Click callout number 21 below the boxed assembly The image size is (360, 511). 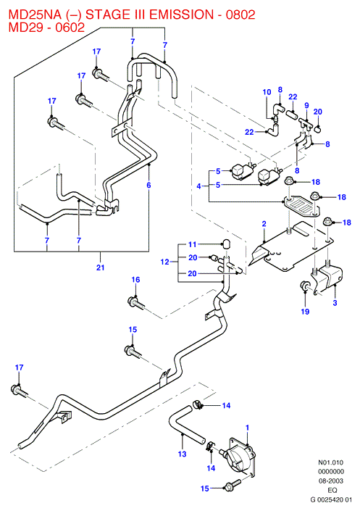[x=101, y=267]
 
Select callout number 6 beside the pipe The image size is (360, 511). [x=148, y=185]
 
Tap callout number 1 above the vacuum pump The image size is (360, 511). [x=247, y=427]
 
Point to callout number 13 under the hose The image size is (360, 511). [x=182, y=453]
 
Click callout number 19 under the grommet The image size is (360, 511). [x=305, y=312]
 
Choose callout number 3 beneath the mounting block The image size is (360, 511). [x=335, y=303]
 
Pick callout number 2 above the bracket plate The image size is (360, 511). [x=264, y=223]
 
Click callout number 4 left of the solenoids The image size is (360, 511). [x=198, y=186]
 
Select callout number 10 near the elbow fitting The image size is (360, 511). [x=267, y=92]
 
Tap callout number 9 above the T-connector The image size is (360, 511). [x=306, y=106]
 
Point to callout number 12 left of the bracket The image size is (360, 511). [x=165, y=262]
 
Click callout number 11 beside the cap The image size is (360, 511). [x=193, y=244]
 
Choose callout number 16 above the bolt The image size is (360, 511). [x=136, y=279]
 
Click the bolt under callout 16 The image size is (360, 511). [x=135, y=302]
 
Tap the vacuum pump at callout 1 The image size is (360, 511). [x=239, y=455]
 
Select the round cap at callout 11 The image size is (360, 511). [x=226, y=244]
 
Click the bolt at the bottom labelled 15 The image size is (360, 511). [x=232, y=485]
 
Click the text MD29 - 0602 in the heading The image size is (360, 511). [x=46, y=27]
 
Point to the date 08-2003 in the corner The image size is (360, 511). [x=331, y=481]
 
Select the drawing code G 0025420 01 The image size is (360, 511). [x=331, y=499]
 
